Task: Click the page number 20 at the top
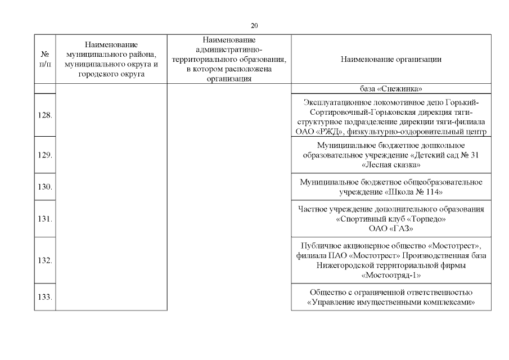pos(254,25)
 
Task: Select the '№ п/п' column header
pos(45,59)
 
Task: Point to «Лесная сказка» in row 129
pos(391,164)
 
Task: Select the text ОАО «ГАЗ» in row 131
pos(391,228)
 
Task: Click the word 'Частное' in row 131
pos(312,210)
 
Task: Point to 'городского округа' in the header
pos(111,73)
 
